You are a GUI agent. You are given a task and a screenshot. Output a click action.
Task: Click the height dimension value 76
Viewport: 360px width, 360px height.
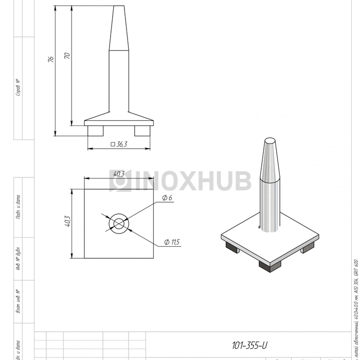tap(50, 59)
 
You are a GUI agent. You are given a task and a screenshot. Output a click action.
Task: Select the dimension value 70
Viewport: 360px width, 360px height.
tap(66, 55)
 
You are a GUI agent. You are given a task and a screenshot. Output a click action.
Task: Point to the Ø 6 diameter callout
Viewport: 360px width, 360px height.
tap(167, 198)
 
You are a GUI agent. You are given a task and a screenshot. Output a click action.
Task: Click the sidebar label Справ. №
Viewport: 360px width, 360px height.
tap(18, 87)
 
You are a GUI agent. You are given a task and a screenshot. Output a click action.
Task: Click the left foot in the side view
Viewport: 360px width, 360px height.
tap(95, 131)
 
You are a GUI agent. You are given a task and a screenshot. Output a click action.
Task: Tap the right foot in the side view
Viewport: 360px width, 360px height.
tap(143, 131)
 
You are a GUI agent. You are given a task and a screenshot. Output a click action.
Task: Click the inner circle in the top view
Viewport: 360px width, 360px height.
tap(119, 224)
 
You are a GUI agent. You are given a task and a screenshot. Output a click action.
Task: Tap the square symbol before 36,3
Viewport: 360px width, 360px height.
tap(113, 145)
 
